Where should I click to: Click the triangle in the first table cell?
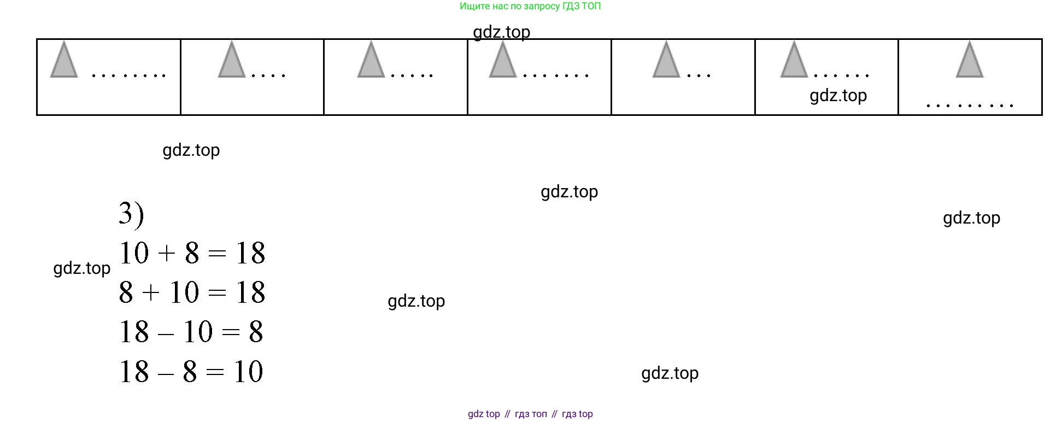pos(64,60)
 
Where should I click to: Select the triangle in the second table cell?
pos(232,60)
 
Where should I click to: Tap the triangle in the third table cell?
pos(371,60)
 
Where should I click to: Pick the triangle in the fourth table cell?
pos(503,60)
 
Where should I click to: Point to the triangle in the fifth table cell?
pos(666,60)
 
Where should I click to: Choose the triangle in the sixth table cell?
pos(794,60)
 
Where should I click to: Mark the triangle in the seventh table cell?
pos(970,60)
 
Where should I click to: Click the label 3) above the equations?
pos(132,214)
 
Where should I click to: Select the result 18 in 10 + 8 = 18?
pos(250,253)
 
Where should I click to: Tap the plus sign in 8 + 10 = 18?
pos(151,293)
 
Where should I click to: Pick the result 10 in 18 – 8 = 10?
pos(249,372)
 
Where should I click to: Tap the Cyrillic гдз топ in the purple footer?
pos(531,414)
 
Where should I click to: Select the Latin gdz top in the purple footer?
pos(484,414)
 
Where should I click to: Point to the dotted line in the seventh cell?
pos(970,105)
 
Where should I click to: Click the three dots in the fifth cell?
pos(699,75)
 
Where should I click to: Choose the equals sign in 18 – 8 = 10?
pos(215,372)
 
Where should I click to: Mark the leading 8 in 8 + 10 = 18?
pos(126,292)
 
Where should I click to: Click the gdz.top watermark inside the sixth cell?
pos(838,96)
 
